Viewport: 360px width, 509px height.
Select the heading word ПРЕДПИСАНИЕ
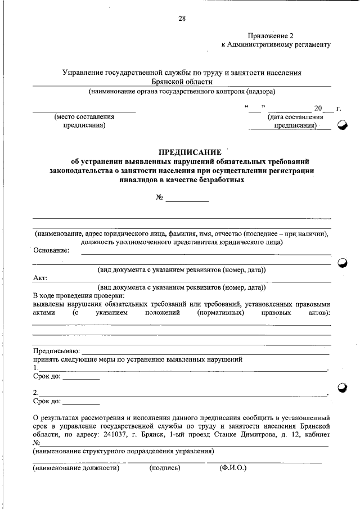pyautogui.click(x=190, y=152)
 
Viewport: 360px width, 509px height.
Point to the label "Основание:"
pyautogui.click(x=51, y=250)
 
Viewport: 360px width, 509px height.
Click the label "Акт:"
pyautogui.click(x=40, y=278)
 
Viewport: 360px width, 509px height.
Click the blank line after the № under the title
pyautogui.click(x=187, y=199)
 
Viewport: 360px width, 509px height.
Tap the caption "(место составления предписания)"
pyautogui.click(x=84, y=121)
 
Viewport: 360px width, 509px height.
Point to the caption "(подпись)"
pyautogui.click(x=165, y=467)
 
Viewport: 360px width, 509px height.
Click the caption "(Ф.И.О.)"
pyautogui.click(x=233, y=467)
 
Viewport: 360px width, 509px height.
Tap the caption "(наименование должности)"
pyautogui.click(x=76, y=467)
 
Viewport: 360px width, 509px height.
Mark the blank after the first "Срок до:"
pyautogui.click(x=80, y=377)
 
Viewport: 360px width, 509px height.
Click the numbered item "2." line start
pyautogui.click(x=36, y=392)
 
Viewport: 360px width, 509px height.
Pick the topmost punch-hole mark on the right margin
pyautogui.click(x=343, y=127)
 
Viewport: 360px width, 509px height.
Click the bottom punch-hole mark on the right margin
pyautogui.click(x=343, y=387)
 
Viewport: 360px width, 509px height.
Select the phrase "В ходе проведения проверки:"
pyautogui.click(x=78, y=295)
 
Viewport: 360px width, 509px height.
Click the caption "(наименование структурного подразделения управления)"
pyautogui.click(x=123, y=451)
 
